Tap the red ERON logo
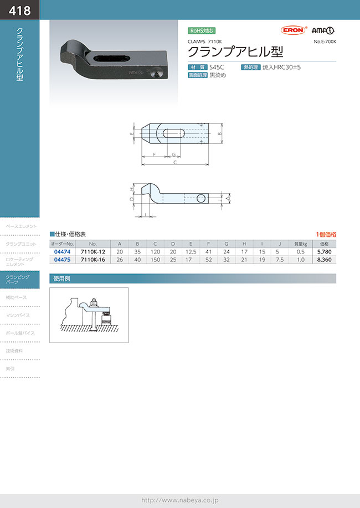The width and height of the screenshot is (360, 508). point(291,31)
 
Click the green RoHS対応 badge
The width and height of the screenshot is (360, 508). point(202,31)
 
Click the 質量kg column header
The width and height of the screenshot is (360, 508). point(301,243)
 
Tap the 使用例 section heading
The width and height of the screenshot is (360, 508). point(60,278)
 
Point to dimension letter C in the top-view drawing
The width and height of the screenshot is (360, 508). point(175,163)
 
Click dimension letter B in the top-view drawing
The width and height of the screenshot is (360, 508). point(220,133)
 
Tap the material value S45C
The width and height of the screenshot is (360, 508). point(217,68)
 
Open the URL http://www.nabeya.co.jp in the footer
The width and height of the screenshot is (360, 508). point(180,500)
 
